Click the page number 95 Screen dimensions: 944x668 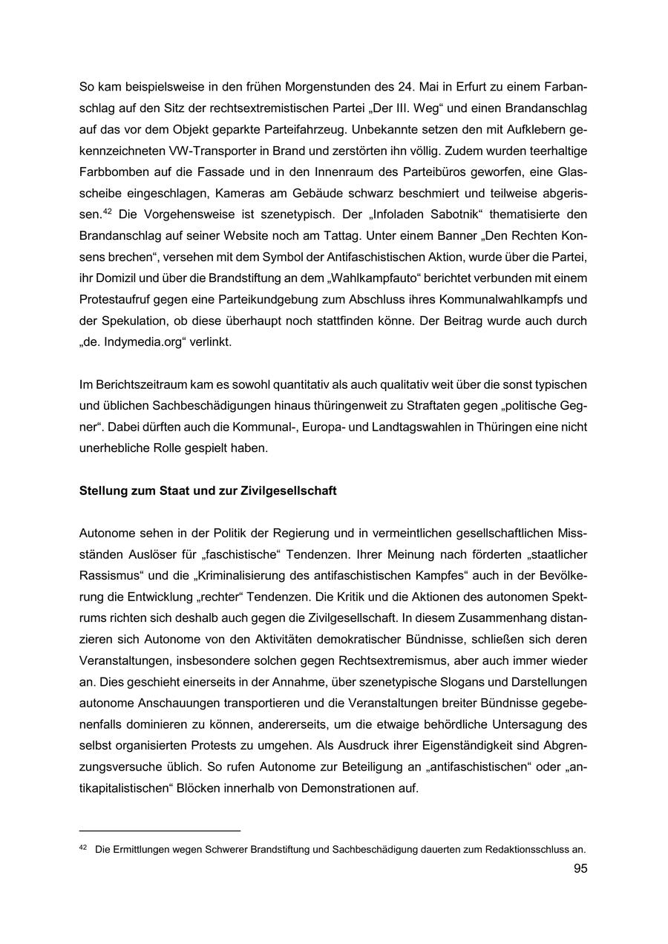tap(580, 868)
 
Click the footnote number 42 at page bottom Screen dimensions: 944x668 tap(83, 848)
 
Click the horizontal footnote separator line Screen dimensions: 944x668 tap(160, 830)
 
